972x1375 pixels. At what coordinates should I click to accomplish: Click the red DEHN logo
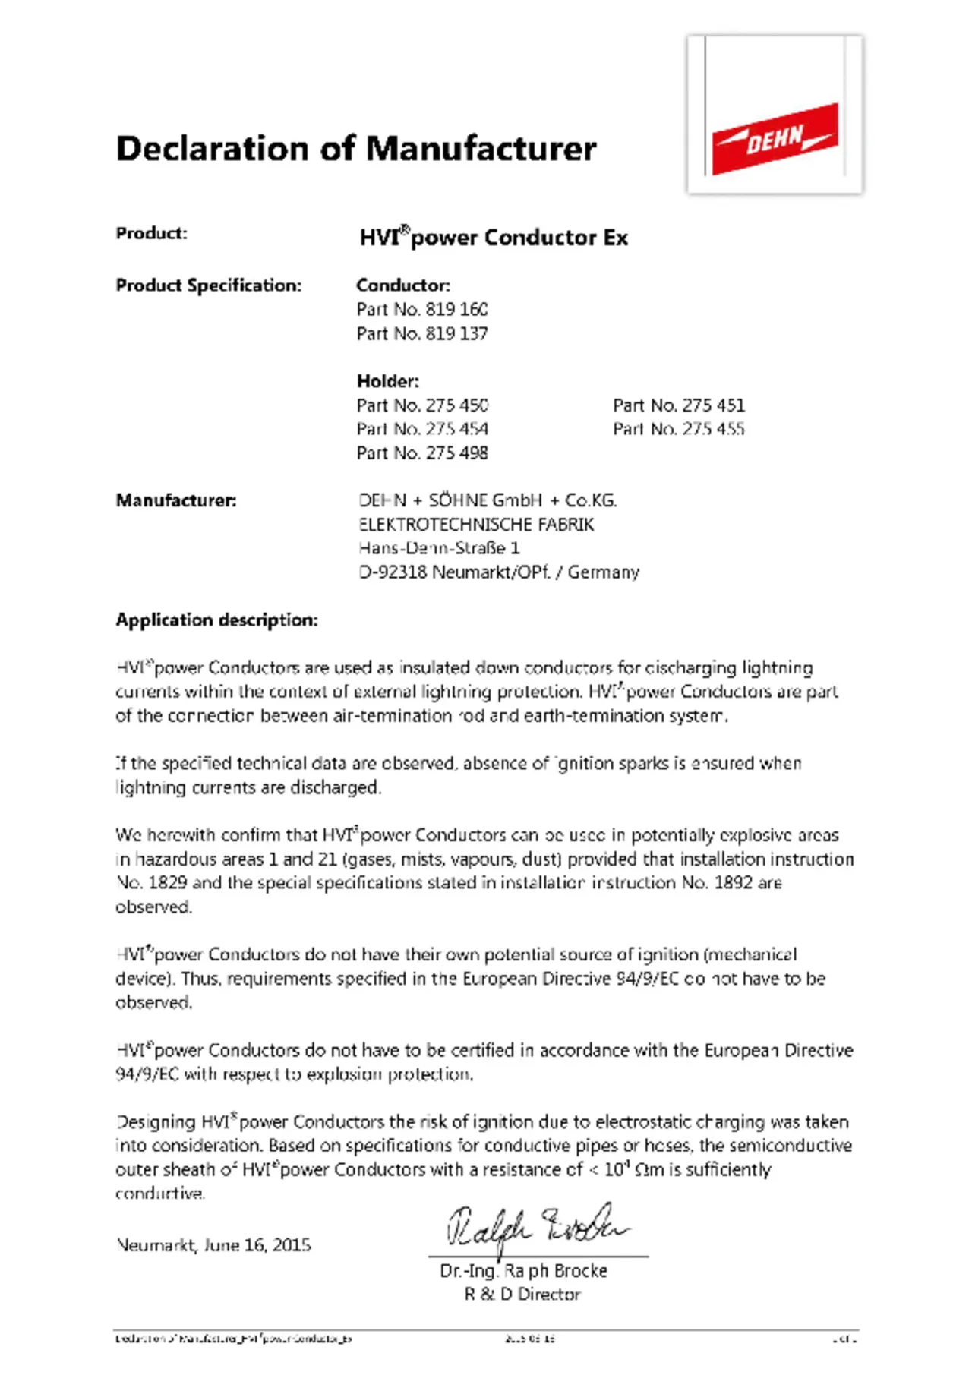[775, 138]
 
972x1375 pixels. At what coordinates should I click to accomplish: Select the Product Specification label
[208, 285]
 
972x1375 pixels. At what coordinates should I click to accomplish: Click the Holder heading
[387, 380]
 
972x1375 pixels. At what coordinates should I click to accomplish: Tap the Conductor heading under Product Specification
[402, 285]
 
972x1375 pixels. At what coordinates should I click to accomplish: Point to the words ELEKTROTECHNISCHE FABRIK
[476, 525]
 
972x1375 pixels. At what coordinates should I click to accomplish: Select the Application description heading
[216, 620]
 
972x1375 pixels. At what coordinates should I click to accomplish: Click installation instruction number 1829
[167, 883]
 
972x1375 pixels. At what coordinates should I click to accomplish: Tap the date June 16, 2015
[257, 1245]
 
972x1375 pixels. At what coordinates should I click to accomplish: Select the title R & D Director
[522, 1295]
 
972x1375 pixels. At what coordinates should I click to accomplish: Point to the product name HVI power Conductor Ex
[494, 238]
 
